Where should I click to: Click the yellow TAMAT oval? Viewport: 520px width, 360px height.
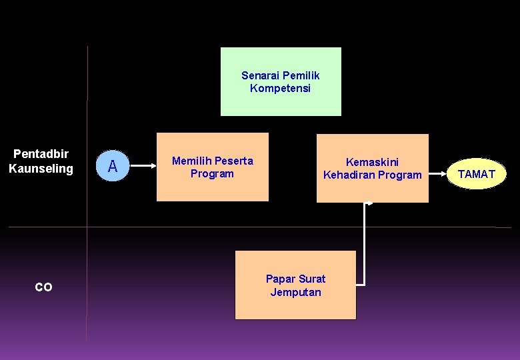[x=477, y=174]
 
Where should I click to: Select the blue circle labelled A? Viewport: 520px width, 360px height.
[x=113, y=166]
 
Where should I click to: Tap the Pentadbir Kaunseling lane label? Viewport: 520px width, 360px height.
[x=41, y=161]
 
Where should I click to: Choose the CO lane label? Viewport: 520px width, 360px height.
[x=43, y=287]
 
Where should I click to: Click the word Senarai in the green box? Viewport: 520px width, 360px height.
[x=260, y=75]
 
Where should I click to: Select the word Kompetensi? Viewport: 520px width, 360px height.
[x=280, y=88]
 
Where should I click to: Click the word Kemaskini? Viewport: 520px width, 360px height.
[x=372, y=161]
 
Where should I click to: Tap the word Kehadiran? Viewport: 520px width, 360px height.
[x=349, y=175]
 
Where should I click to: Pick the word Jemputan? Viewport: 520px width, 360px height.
[x=295, y=292]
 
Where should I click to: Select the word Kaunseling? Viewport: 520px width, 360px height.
[x=41, y=169]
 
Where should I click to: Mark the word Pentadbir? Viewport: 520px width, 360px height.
[x=41, y=154]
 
